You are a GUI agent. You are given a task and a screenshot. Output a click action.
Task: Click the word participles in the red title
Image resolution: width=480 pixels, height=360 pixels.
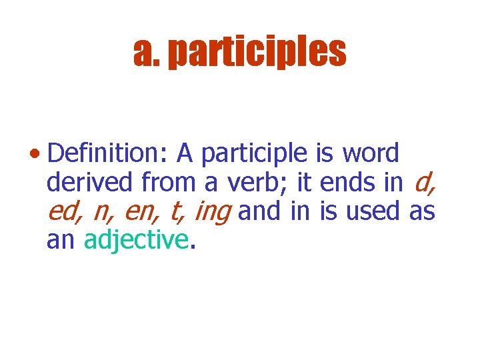257,53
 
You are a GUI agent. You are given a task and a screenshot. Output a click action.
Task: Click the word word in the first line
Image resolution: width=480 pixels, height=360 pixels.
371,154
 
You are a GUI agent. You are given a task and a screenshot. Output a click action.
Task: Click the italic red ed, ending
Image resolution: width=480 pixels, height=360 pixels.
65,211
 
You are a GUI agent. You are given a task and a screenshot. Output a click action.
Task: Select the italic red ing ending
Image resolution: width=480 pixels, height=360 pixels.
211,213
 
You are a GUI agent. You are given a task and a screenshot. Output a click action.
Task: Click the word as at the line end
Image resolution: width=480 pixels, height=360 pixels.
421,211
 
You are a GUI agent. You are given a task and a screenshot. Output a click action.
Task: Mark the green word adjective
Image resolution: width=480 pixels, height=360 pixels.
136,241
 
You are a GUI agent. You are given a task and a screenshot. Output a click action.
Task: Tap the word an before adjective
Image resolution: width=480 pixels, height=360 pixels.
61,241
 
